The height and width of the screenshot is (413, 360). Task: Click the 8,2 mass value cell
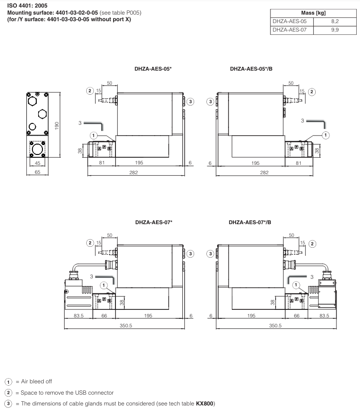334,22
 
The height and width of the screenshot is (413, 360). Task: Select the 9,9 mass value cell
334,30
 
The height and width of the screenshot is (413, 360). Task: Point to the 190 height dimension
56,126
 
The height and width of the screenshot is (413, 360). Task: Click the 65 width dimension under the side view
38,172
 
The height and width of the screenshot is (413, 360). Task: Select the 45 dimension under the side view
38,163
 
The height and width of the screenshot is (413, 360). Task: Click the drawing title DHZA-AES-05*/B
251,69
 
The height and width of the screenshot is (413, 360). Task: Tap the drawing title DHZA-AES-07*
154,222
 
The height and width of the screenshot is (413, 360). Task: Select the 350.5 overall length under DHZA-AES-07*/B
275,325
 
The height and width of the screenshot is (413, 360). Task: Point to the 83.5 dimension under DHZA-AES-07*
79,316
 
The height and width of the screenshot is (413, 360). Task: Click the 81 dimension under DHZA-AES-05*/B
297,163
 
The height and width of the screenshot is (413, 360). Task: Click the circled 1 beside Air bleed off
8,381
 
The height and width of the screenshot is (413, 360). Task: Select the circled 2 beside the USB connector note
8,393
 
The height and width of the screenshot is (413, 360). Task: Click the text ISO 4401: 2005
27,6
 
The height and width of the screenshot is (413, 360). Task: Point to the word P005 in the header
132,12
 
